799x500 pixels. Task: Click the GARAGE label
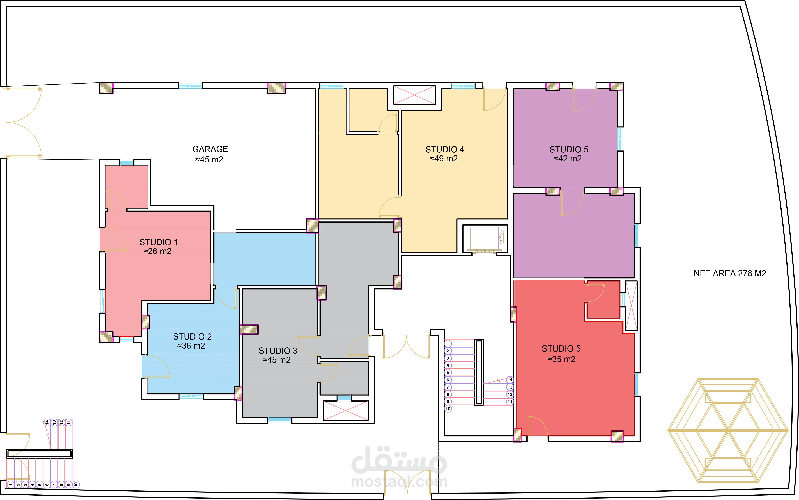[x=210, y=149]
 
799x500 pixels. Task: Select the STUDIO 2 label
[x=192, y=337]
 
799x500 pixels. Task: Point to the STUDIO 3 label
[x=278, y=351]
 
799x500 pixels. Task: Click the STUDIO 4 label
[x=445, y=150]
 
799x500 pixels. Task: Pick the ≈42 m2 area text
[x=568, y=159]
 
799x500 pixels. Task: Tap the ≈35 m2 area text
[x=561, y=359]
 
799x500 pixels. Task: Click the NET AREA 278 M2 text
[x=730, y=274]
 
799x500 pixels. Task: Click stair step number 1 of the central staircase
[x=448, y=344]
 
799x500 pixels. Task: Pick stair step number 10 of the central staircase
[x=448, y=409]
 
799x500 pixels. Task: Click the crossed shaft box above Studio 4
[x=414, y=95]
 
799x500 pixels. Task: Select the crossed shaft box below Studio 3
[x=346, y=410]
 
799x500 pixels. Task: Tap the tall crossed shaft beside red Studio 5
[x=631, y=306]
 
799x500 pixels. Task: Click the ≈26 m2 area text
[x=157, y=251]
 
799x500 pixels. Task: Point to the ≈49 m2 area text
[x=444, y=159]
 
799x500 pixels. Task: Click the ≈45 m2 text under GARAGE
[x=209, y=160]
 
